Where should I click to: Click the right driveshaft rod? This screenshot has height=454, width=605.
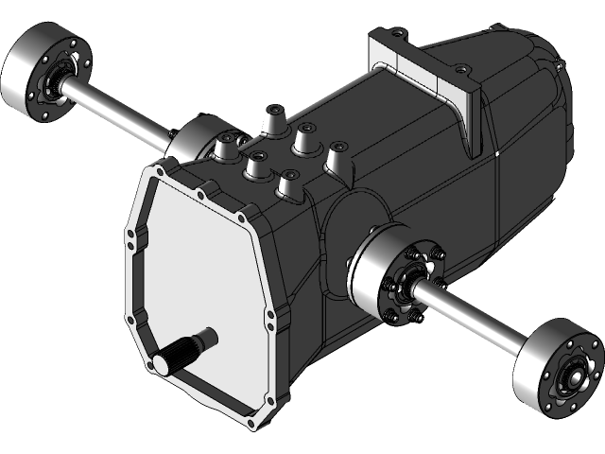point(473,317)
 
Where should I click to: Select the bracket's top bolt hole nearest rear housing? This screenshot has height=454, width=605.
point(460,69)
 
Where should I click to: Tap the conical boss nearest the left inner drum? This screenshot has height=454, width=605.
point(228,147)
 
